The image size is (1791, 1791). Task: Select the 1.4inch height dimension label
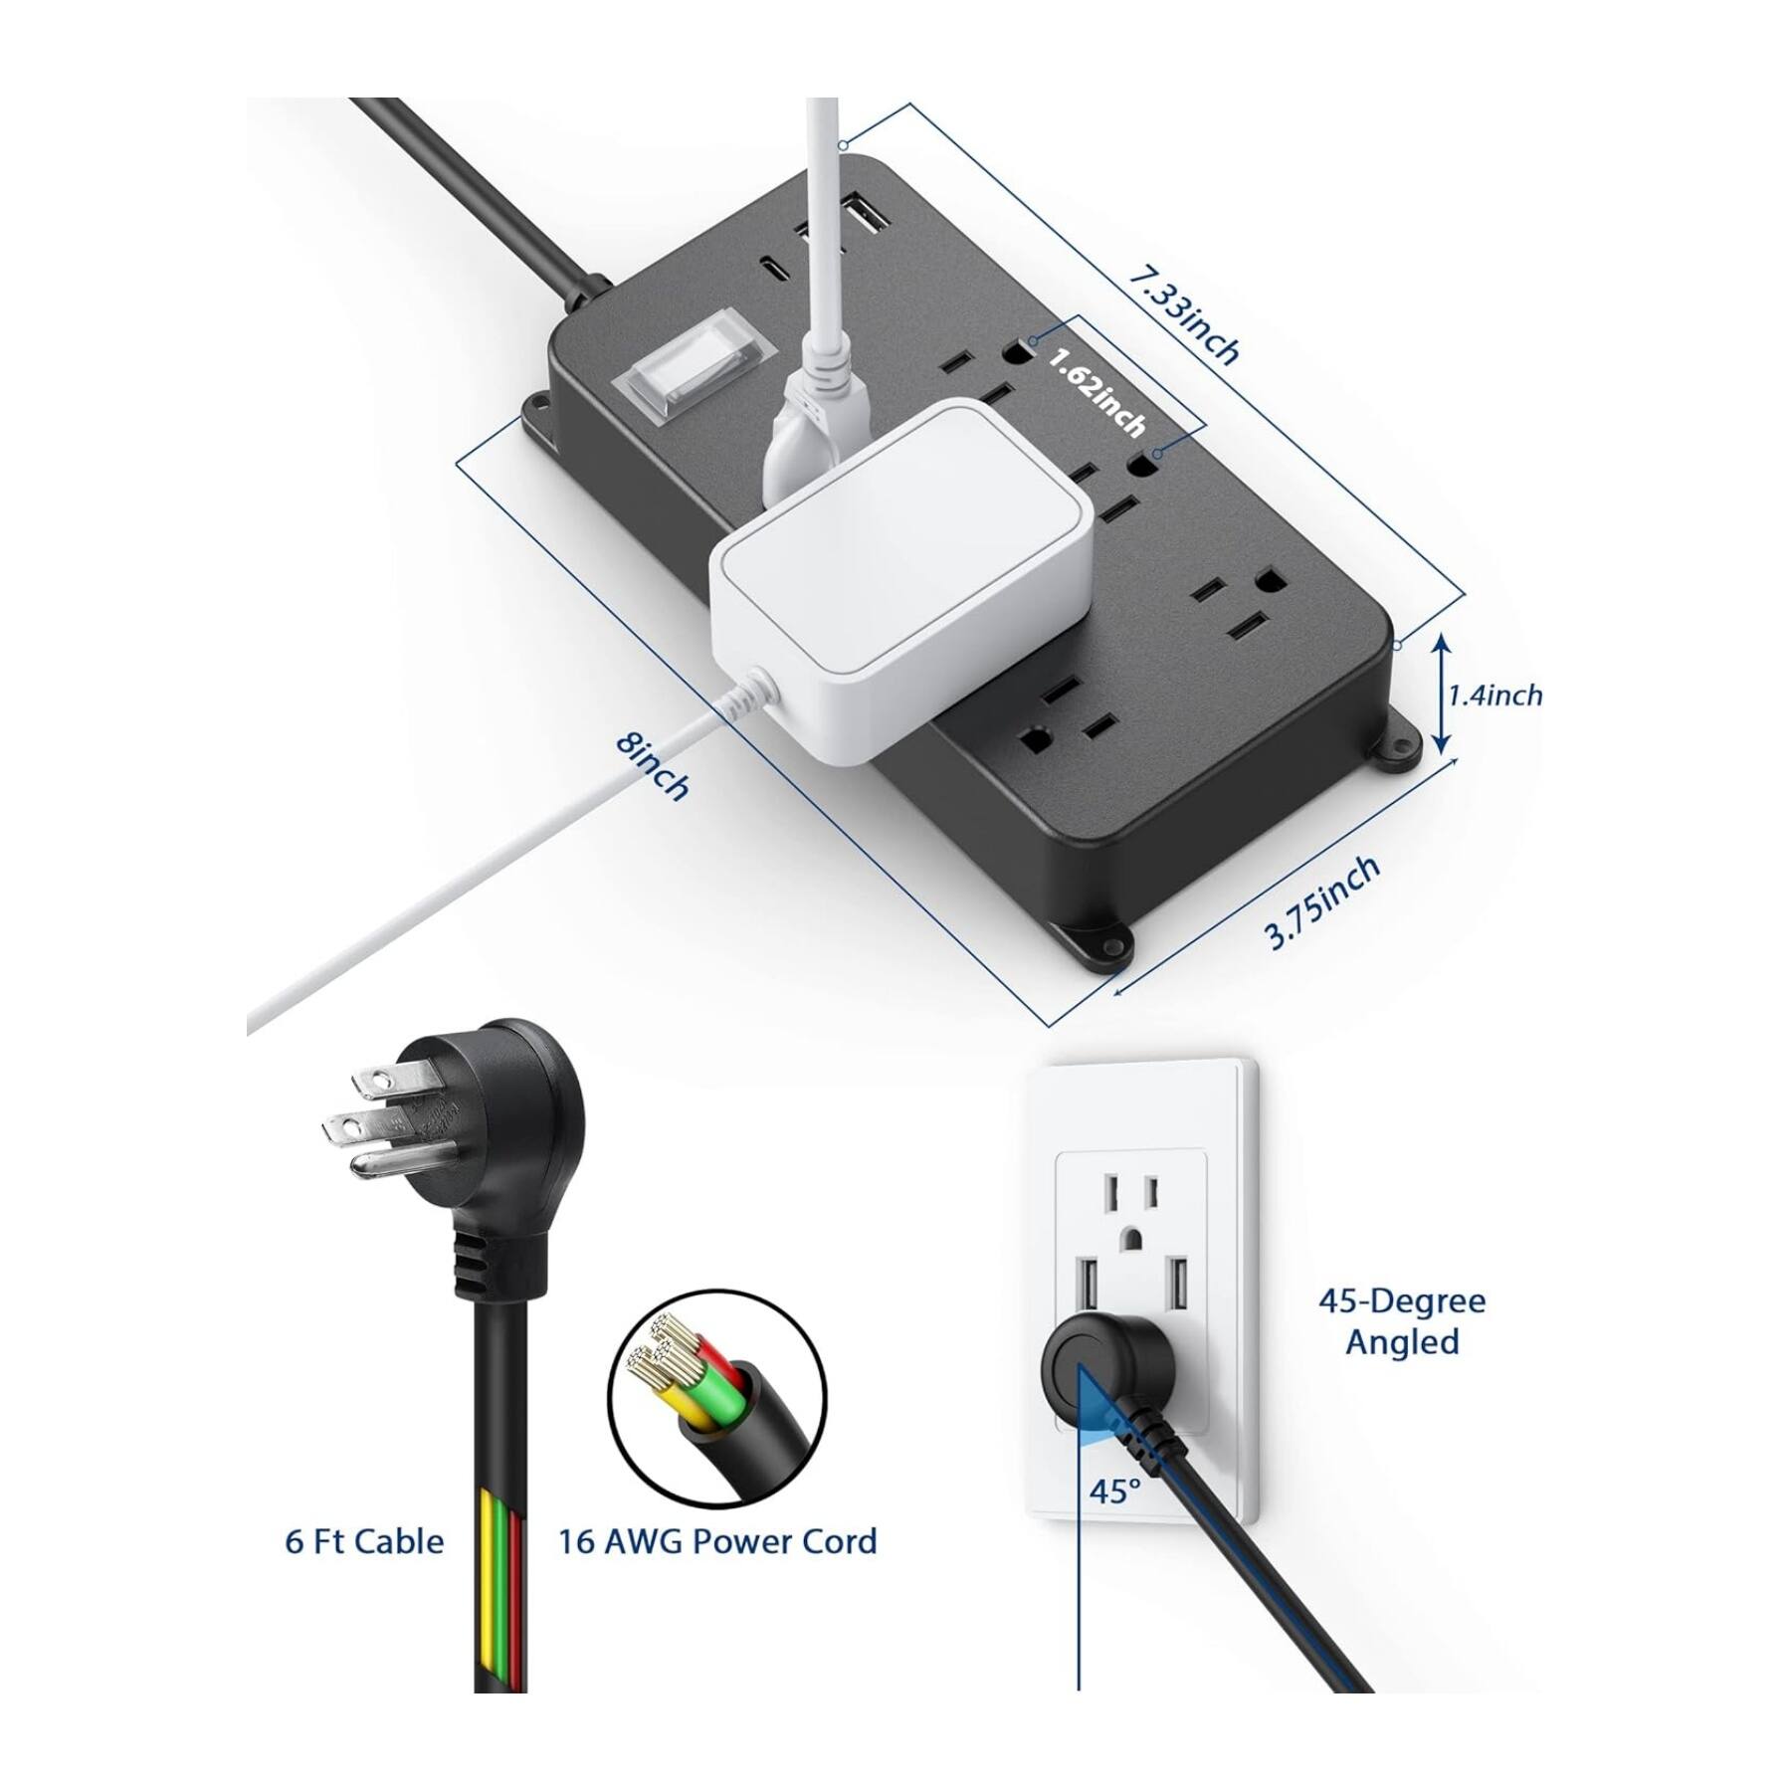point(1494,695)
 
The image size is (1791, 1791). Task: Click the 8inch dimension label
point(652,766)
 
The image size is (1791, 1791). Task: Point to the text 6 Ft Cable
point(364,1541)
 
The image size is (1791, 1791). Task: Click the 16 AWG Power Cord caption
point(717,1541)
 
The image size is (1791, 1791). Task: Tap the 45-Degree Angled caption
point(1402,1320)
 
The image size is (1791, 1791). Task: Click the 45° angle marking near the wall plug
point(1114,1519)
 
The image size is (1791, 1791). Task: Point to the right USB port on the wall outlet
point(1179,1288)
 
